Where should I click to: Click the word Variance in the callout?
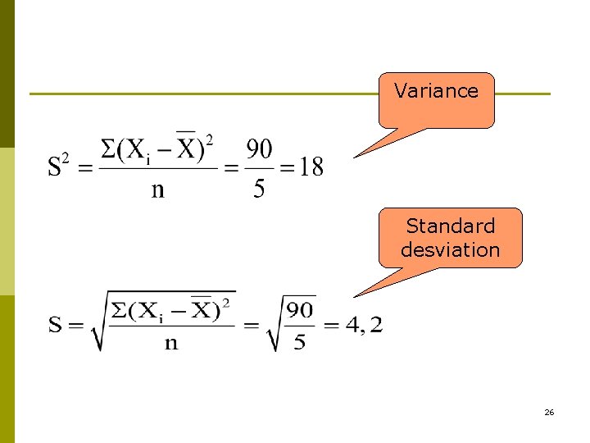[x=436, y=91]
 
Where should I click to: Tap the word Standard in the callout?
[x=451, y=226]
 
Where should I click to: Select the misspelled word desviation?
[x=451, y=249]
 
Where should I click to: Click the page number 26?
[x=549, y=412]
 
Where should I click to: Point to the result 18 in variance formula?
[x=311, y=167]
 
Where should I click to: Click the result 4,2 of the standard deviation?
[x=363, y=326]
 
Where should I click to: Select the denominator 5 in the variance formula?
[x=259, y=190]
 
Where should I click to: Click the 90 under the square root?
[x=301, y=310]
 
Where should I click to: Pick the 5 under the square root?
[x=300, y=342]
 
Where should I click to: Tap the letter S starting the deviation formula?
[x=55, y=326]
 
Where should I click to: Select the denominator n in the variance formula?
[x=157, y=190]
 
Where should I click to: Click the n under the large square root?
[x=171, y=343]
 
